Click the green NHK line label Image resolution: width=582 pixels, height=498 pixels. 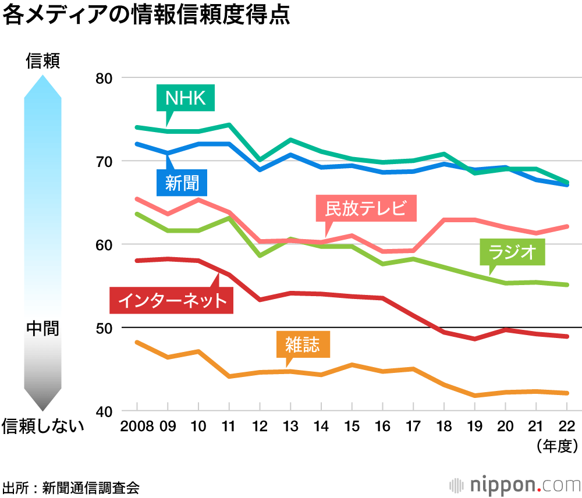point(186,98)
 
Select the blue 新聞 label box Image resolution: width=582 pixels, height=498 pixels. point(182,183)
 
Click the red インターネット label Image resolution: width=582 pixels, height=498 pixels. point(172,300)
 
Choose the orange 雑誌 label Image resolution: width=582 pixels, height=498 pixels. point(303,344)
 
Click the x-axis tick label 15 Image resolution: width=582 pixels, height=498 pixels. point(351,426)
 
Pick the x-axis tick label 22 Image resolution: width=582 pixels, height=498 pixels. point(566,426)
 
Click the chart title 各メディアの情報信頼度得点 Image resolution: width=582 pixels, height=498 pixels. point(146,16)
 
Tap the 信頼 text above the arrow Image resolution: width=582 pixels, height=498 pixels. point(42,61)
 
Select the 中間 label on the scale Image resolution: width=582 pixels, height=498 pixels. point(42,328)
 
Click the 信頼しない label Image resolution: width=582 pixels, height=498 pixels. point(42,426)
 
